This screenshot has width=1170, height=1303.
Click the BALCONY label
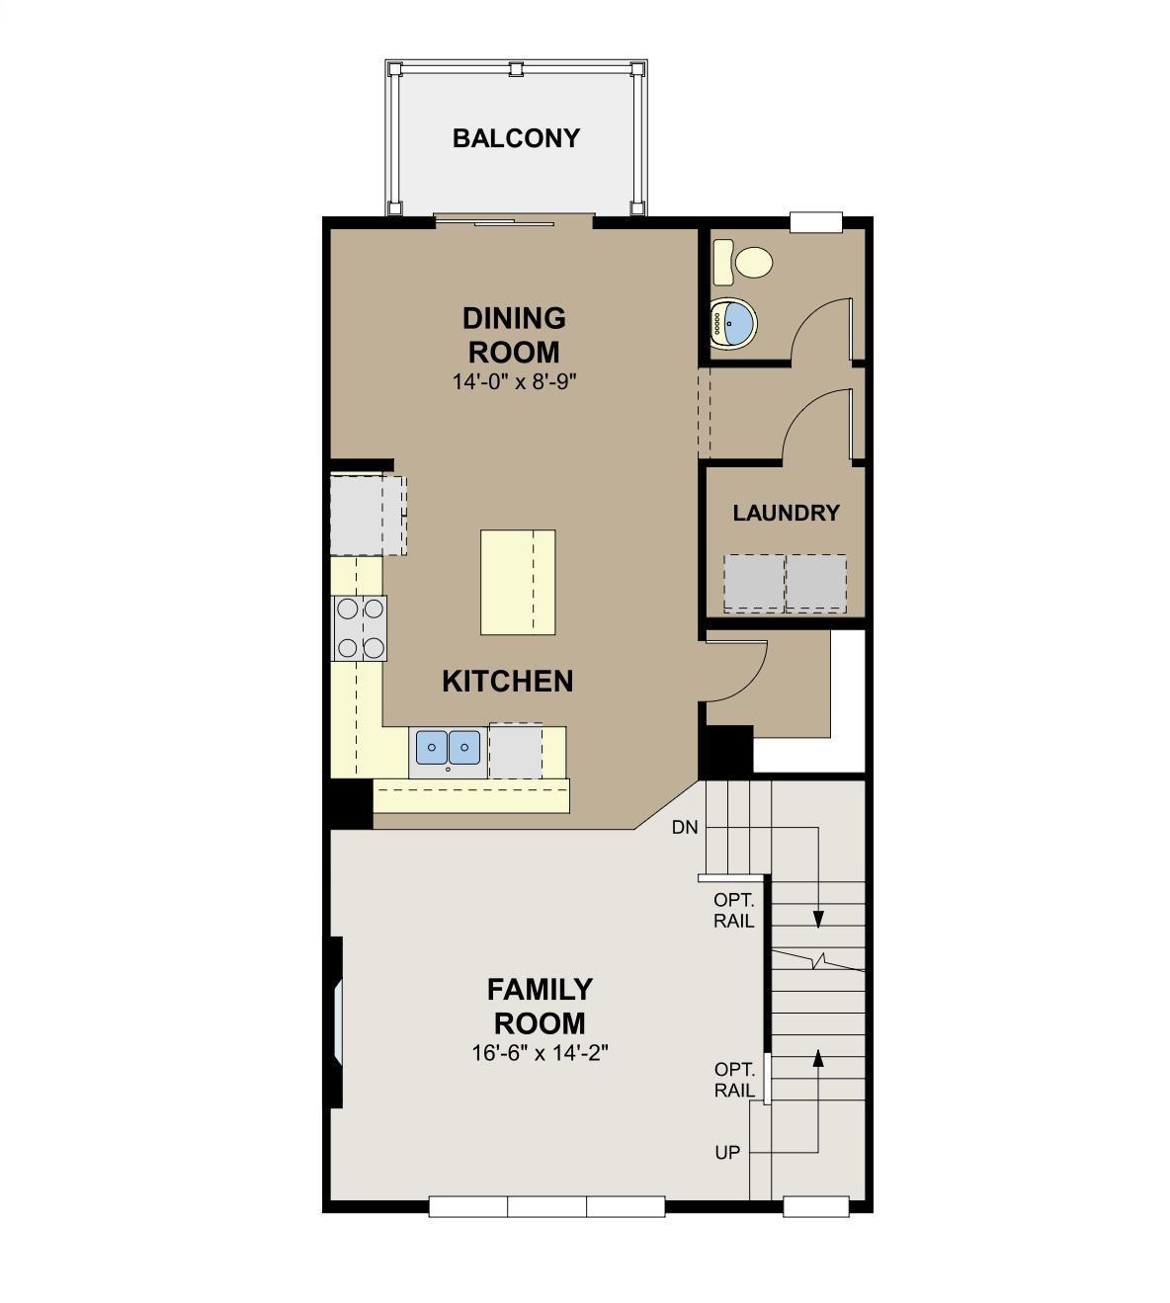pyautogui.click(x=516, y=138)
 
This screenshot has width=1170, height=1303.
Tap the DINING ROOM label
pyautogui.click(x=514, y=335)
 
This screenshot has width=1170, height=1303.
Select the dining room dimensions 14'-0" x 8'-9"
pyautogui.click(x=514, y=382)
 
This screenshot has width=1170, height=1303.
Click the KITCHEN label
pyautogui.click(x=507, y=681)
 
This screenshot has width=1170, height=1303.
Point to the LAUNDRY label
pyautogui.click(x=786, y=513)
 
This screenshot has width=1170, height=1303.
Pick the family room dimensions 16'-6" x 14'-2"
pyautogui.click(x=540, y=1053)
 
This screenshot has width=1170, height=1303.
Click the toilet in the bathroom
pyautogui.click(x=743, y=263)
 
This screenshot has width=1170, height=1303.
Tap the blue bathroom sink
pyautogui.click(x=733, y=323)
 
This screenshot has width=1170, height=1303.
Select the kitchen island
pyautogui.click(x=518, y=582)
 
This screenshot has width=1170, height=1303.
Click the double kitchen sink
pyautogui.click(x=448, y=747)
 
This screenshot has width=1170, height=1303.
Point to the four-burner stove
pyautogui.click(x=359, y=627)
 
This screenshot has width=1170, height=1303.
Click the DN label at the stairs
pyautogui.click(x=685, y=827)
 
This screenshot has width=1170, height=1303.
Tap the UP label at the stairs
pyautogui.click(x=727, y=1153)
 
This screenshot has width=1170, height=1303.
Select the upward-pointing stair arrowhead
pyautogui.click(x=818, y=1059)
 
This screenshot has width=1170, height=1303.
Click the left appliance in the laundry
pyautogui.click(x=754, y=583)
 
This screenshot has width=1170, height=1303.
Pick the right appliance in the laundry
pyautogui.click(x=816, y=583)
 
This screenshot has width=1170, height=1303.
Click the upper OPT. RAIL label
pyautogui.click(x=733, y=910)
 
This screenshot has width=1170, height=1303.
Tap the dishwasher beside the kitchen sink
pyautogui.click(x=516, y=751)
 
